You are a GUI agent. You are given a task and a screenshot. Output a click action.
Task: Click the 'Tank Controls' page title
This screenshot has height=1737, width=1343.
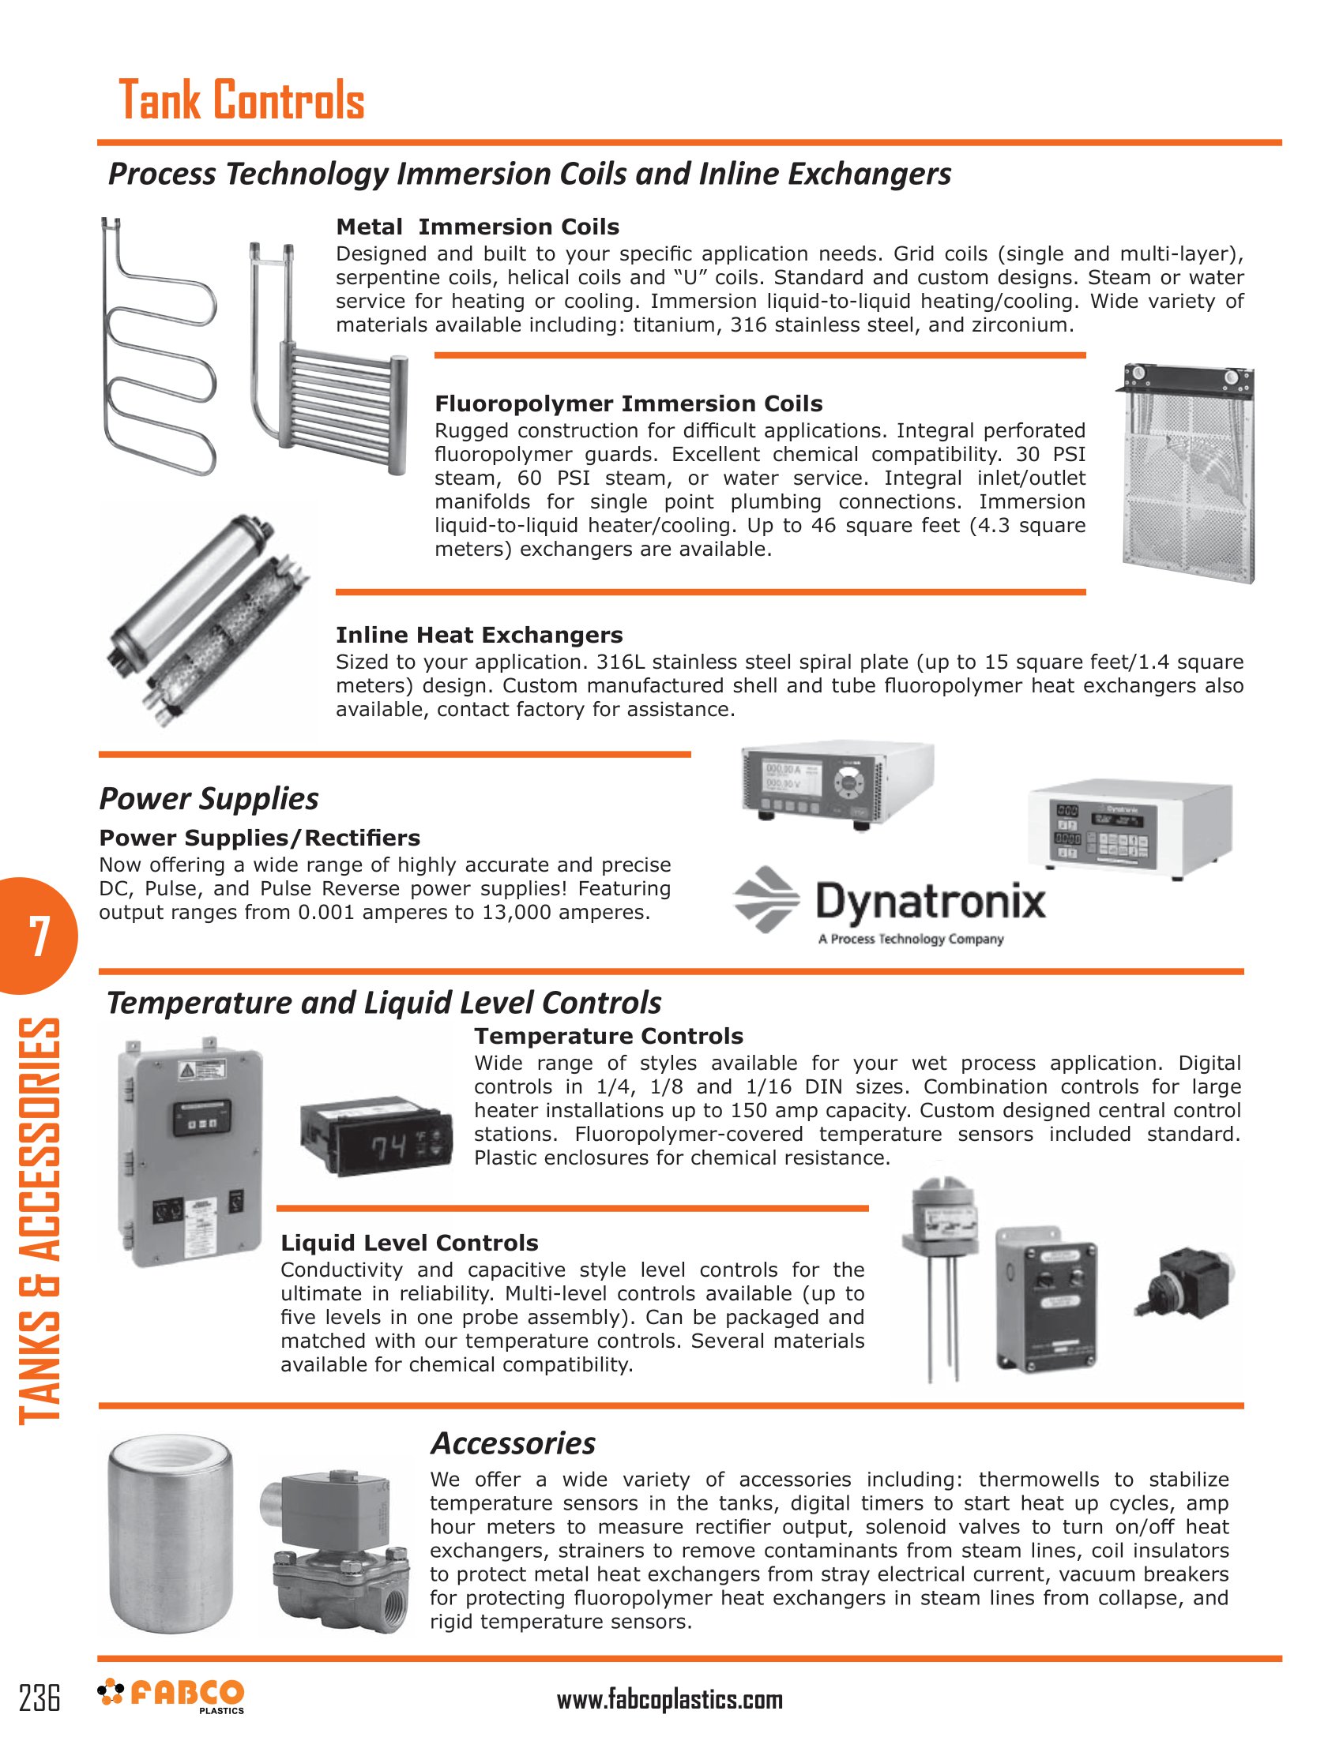click(241, 100)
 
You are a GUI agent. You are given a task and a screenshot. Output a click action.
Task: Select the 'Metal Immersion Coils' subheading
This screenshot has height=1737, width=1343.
click(477, 227)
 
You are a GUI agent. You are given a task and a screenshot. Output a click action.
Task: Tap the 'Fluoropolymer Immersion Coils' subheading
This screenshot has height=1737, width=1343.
click(629, 404)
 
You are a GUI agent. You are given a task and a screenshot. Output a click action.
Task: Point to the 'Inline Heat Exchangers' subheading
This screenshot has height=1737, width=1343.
click(479, 635)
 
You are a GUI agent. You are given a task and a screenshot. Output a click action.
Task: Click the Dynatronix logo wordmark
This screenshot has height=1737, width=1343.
click(930, 902)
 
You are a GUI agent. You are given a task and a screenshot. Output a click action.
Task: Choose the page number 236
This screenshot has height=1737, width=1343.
click(39, 1698)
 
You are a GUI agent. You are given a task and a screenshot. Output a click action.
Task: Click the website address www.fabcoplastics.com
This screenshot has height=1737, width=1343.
click(670, 1700)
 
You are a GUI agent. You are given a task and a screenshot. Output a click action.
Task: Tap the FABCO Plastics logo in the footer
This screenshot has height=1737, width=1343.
click(171, 1695)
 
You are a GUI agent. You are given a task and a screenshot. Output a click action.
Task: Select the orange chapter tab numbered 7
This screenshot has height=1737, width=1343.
click(38, 936)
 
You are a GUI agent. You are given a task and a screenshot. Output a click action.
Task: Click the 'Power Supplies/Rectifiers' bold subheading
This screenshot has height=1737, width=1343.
click(259, 838)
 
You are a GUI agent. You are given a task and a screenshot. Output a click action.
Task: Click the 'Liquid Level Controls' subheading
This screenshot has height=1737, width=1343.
click(409, 1243)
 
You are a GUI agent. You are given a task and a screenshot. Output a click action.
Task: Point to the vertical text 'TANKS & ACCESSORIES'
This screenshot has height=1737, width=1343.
click(38, 1221)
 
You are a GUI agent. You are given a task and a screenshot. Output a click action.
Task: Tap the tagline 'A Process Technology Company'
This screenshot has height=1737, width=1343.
click(911, 940)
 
